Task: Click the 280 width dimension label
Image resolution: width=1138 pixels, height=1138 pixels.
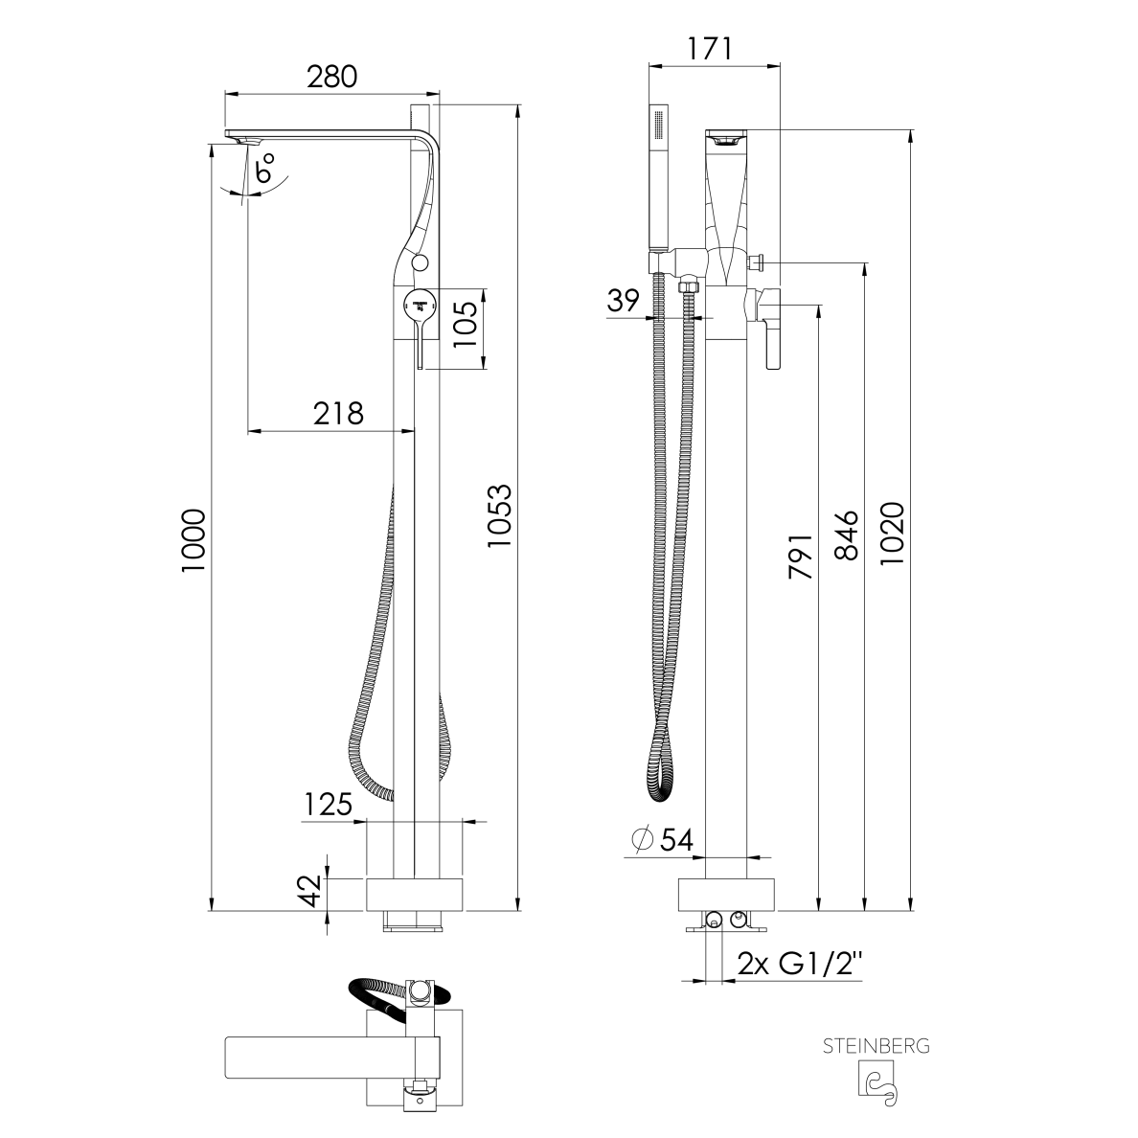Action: [331, 77]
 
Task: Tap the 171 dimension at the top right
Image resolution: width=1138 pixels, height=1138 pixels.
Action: [709, 48]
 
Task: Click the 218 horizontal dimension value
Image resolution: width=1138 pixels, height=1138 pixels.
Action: [338, 413]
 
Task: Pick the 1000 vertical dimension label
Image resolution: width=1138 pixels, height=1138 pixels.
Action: [193, 540]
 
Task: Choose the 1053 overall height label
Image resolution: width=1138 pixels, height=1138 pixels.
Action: [499, 516]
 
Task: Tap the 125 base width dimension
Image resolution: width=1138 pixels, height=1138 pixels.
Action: [328, 804]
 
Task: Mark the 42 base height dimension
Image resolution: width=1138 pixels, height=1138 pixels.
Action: [310, 891]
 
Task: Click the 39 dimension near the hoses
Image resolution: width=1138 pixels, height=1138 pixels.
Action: [623, 300]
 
